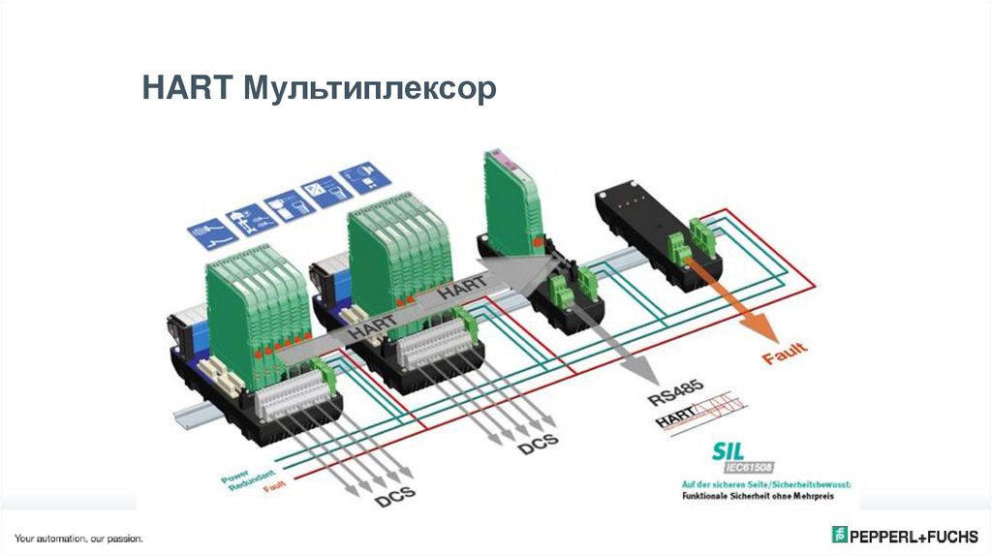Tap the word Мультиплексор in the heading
(x=370, y=90)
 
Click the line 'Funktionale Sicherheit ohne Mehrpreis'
(x=758, y=496)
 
